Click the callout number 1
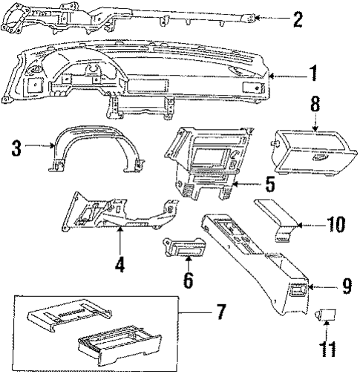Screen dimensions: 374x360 [x=313, y=74]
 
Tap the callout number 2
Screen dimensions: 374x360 [x=298, y=19]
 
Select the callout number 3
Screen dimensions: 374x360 [x=15, y=148]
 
